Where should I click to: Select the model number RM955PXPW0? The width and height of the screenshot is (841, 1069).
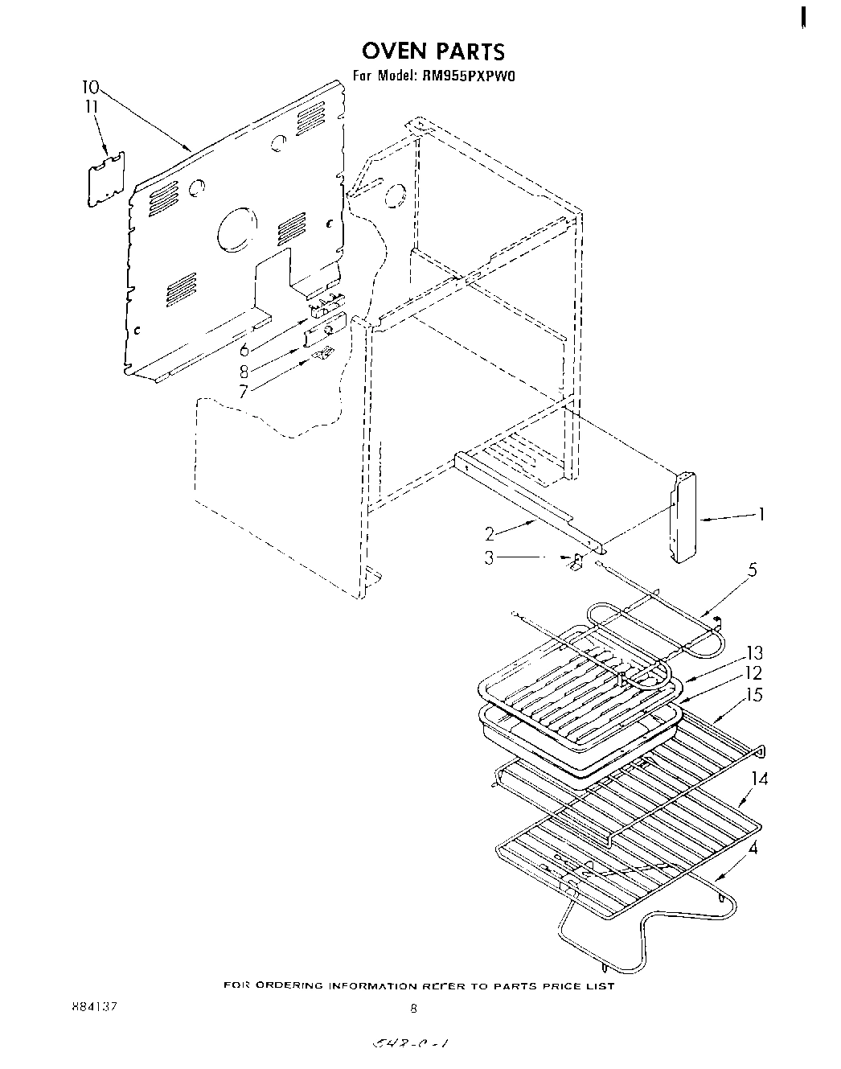coord(467,77)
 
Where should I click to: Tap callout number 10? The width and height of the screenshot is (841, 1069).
coord(90,87)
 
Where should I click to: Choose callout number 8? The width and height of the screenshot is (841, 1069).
coord(244,371)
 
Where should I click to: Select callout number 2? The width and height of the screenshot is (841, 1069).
coord(490,532)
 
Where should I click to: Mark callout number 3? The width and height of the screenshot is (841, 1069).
coord(490,557)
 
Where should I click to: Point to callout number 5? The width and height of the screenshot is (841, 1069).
coord(752,570)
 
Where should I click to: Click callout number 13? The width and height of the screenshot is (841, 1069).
coord(754,652)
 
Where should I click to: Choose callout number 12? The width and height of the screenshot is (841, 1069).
coord(754,673)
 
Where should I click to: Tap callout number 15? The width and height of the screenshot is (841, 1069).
coord(754,695)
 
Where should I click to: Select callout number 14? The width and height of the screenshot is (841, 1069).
coord(760,779)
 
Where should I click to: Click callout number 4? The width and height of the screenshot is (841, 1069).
coord(752,847)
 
